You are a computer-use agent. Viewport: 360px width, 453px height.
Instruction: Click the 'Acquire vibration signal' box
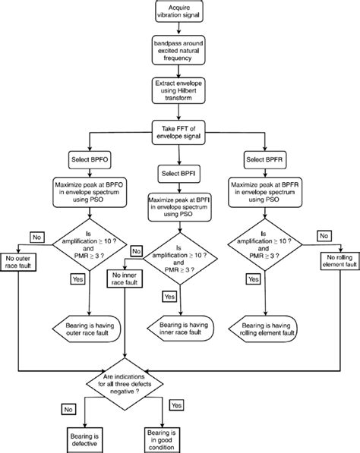coord(180,13)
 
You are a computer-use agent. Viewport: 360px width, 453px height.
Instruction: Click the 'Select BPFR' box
coord(265,160)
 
